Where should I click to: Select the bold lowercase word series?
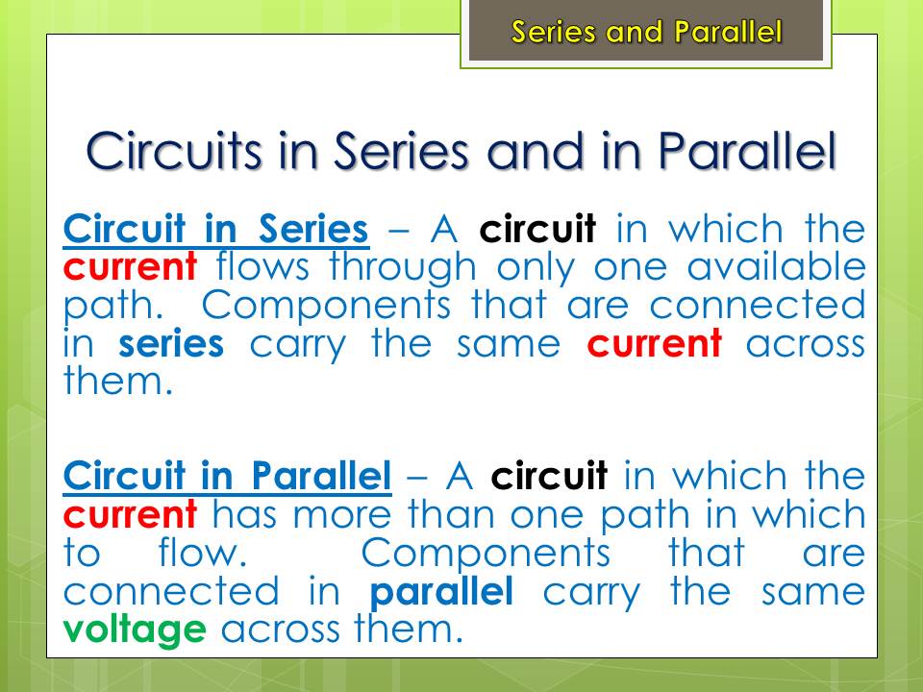tap(171, 344)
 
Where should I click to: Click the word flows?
tap(262, 266)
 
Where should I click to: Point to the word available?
tap(777, 266)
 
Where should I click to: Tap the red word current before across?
tap(655, 344)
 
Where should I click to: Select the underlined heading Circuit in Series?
tap(216, 229)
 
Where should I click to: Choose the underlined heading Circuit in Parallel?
tap(227, 476)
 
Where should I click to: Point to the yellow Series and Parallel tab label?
tap(646, 32)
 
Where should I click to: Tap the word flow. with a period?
tap(203, 554)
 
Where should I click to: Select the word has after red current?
tap(244, 513)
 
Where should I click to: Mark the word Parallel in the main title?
tap(747, 151)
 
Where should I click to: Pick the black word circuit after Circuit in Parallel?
tap(549, 476)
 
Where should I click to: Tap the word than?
tap(451, 513)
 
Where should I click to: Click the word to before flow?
tap(81, 555)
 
